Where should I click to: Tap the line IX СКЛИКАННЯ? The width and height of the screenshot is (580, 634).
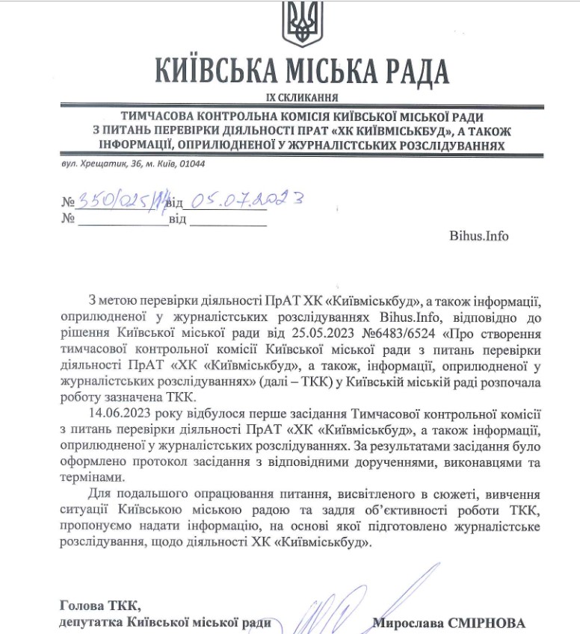tap(301, 98)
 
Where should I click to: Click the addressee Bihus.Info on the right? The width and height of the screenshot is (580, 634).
tap(478, 236)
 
